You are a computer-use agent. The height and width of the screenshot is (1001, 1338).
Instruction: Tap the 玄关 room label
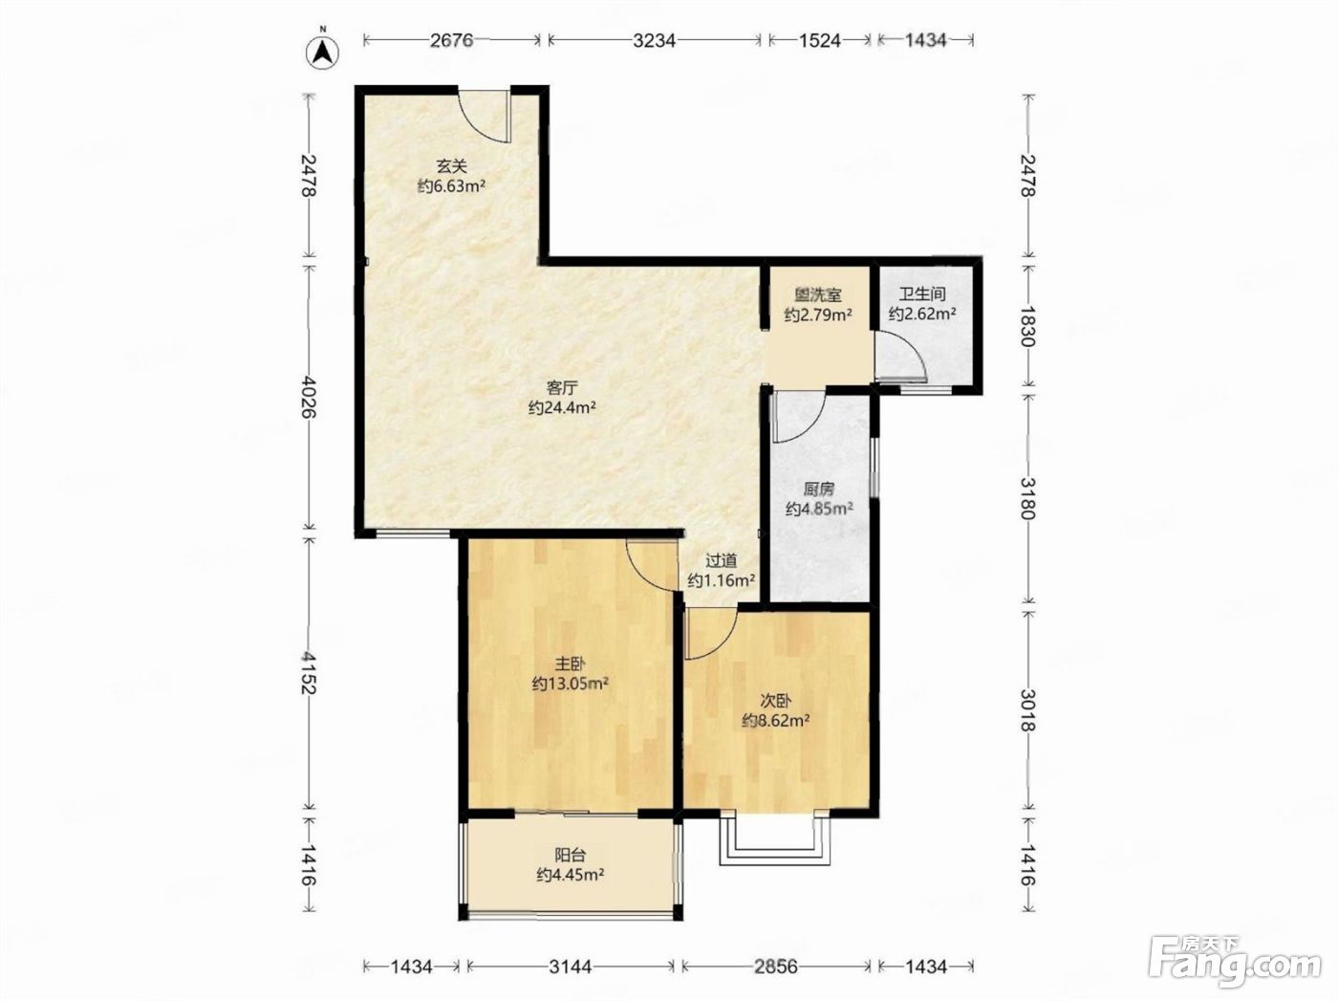click(452, 166)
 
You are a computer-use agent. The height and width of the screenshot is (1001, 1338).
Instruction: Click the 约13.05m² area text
click(571, 684)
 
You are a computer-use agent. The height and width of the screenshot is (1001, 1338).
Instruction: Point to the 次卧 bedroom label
click(776, 701)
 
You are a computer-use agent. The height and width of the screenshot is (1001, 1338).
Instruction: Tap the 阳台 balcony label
click(571, 855)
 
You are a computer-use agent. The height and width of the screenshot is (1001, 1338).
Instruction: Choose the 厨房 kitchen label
click(819, 489)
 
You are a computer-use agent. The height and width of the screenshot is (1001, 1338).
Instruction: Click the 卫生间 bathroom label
click(922, 294)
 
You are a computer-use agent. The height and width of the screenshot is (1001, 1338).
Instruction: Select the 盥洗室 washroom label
click(817, 295)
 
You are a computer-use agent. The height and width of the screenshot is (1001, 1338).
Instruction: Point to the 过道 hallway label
click(722, 560)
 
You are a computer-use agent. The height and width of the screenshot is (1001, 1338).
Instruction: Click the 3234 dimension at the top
click(654, 40)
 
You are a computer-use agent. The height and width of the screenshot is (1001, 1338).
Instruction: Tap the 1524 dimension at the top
click(819, 40)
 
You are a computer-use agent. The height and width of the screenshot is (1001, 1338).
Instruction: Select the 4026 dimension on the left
click(310, 396)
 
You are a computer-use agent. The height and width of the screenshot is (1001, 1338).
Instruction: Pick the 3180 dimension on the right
click(1028, 498)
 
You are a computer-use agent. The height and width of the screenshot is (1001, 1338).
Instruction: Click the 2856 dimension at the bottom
click(775, 967)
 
